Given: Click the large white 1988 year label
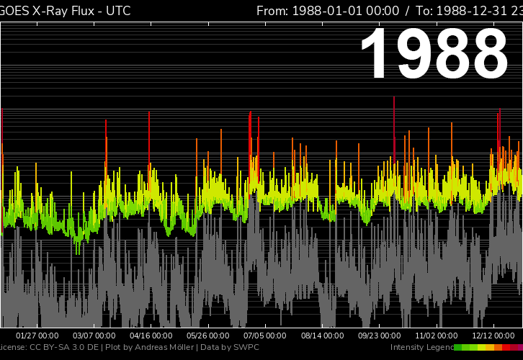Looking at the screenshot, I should [434, 55].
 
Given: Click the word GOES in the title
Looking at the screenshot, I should [15, 11].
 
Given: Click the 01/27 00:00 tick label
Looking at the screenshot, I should [37, 336].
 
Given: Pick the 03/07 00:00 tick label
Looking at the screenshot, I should [94, 336].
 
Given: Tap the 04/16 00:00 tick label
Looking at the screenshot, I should [151, 336].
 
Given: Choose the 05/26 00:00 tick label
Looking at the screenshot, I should [208, 336].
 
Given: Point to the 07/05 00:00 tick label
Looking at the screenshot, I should [266, 336].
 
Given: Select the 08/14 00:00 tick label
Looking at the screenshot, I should [323, 336].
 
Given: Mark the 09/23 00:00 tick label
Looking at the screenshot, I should [380, 336].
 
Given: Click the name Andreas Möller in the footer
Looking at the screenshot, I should [166, 348].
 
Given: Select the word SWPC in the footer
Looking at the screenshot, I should [246, 348].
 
